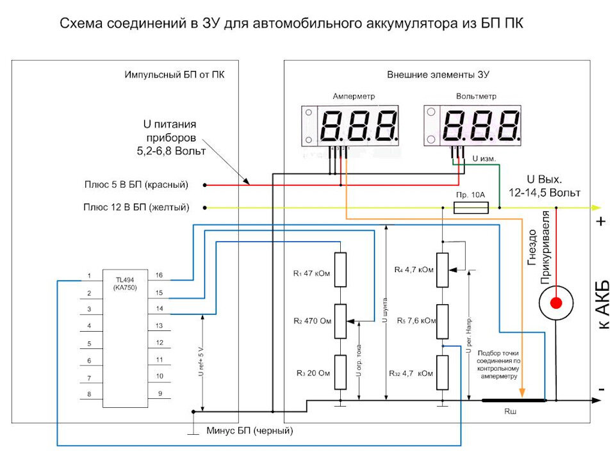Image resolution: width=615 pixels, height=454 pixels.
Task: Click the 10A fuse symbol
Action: point(471,207)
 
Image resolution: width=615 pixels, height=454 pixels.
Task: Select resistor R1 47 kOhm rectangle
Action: point(340,270)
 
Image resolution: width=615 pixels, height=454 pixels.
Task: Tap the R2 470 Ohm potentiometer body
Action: point(340,321)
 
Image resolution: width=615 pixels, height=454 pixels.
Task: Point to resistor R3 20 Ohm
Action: point(340,372)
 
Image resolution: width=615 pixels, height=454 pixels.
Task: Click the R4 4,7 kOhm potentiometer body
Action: point(443,270)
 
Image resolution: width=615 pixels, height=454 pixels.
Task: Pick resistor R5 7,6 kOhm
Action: point(443,321)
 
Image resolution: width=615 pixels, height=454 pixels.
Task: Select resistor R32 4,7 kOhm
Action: point(443,373)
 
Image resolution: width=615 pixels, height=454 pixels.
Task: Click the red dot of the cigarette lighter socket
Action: point(556,303)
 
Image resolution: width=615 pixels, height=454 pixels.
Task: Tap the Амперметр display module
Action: point(350,126)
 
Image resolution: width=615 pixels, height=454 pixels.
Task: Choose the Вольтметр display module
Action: point(472,126)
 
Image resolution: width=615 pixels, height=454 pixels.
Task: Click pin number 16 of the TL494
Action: point(159,275)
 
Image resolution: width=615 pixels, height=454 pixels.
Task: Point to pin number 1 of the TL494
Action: point(89,276)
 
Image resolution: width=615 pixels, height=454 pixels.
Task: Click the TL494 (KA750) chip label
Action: point(125,284)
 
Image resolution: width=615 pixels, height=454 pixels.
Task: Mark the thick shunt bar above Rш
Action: point(514,400)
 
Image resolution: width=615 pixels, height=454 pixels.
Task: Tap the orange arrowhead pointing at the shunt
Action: point(522,393)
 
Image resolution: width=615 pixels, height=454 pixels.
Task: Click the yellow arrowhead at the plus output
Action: point(596,207)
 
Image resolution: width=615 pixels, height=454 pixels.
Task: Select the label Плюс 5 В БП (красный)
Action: point(136,184)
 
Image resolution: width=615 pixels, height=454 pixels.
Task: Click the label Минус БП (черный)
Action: point(249,430)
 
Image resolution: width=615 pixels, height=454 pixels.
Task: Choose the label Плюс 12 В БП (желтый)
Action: point(136,207)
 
